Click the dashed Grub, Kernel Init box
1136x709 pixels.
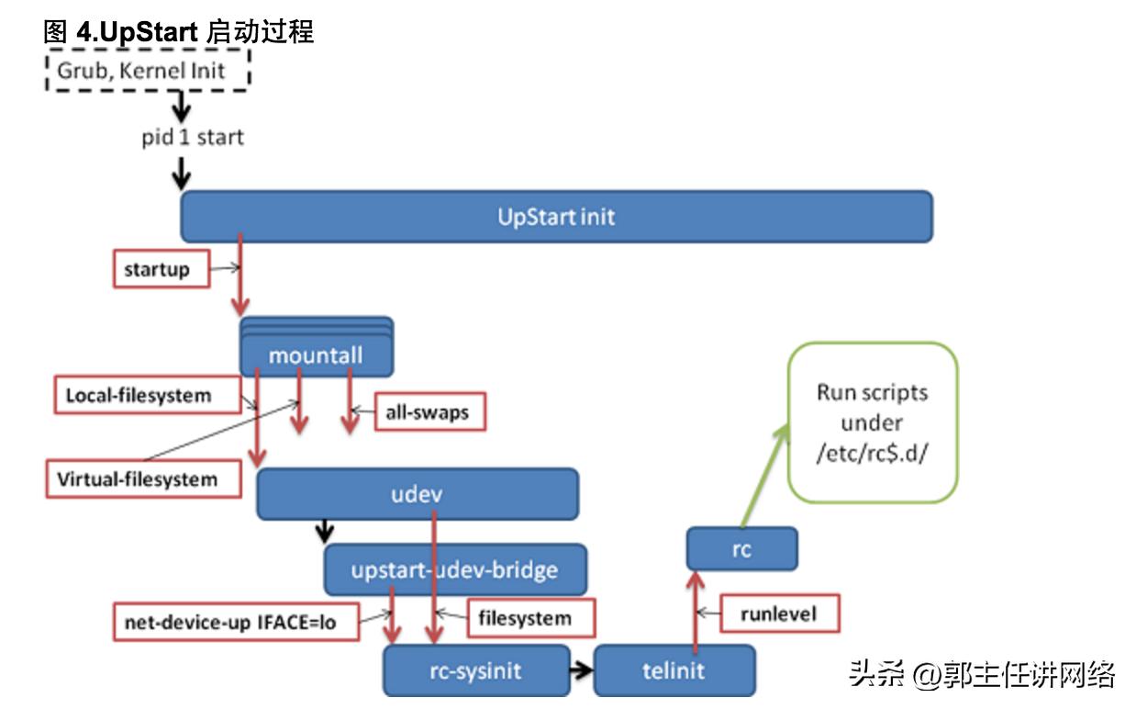[148, 71]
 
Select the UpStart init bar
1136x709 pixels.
[556, 218]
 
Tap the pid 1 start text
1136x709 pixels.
[193, 138]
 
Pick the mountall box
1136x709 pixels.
[317, 354]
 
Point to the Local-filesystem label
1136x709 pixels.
[139, 396]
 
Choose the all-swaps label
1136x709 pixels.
[429, 412]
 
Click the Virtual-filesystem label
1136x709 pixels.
[137, 478]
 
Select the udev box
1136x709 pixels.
[417, 494]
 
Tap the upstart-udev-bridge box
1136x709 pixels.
[455, 569]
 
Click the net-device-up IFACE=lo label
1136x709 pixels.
[230, 622]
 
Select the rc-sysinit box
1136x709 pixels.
[475, 670]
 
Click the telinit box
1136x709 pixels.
[674, 670]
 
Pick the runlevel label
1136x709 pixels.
[778, 612]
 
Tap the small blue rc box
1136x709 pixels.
[742, 549]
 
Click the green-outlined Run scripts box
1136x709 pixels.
[872, 422]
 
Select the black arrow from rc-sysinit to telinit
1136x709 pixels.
[579, 670]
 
